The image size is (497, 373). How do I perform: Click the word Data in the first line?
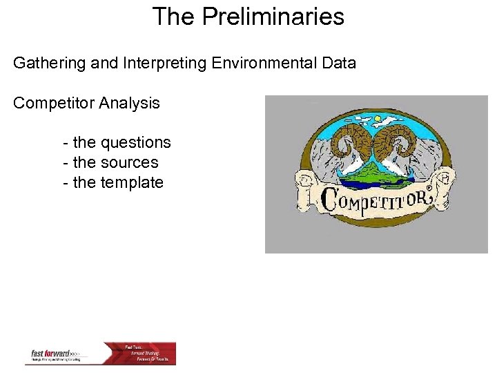click(338, 64)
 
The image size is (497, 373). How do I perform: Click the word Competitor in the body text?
click(55, 104)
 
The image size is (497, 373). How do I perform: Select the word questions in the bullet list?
click(135, 143)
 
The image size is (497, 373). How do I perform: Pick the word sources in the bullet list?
click(129, 163)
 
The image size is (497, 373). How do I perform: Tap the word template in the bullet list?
click(132, 183)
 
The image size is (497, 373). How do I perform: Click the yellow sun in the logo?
click(377, 118)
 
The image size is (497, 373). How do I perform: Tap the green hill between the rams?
click(377, 170)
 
